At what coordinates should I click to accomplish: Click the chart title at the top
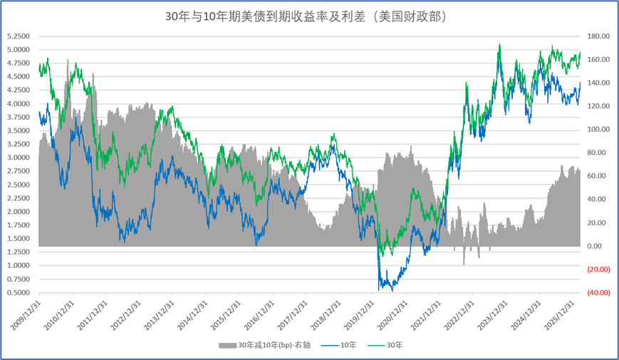306,16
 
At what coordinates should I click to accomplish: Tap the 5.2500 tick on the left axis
19,36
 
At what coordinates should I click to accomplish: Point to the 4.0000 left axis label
19,103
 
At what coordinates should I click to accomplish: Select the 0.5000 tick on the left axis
19,292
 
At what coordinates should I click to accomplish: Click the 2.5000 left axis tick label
19,185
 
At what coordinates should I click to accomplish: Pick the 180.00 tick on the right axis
598,36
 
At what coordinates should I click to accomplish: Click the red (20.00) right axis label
598,269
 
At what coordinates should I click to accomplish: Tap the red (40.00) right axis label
598,292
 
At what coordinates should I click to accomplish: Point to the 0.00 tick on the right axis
595,246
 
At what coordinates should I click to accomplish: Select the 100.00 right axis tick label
598,129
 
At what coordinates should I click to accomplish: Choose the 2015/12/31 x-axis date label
226,315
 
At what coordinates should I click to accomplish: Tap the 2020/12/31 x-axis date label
392,315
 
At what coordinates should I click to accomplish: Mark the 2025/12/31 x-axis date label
559,315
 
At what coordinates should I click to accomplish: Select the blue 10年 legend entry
339,345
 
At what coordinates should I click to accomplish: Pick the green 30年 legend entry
385,345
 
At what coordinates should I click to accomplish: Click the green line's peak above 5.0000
500,45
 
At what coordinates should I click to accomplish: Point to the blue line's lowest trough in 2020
392,290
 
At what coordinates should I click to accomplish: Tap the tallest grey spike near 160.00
68,61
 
